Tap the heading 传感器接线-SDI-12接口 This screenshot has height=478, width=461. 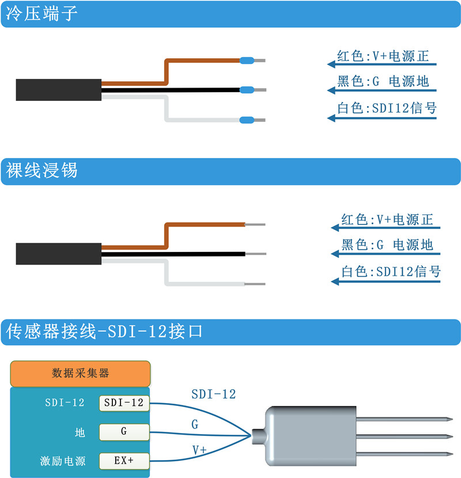pos(104,331)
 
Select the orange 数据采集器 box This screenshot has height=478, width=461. pos(80,373)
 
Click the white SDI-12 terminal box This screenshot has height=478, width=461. pos(124,403)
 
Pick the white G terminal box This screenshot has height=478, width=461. pos(124,431)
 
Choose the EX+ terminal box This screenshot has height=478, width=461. pos(124,461)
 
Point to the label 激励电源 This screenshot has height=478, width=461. pos(63,461)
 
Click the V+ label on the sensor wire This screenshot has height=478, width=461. pos(199,449)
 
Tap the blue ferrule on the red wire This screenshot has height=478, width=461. pos(247,60)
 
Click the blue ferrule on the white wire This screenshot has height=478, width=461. pos(247,120)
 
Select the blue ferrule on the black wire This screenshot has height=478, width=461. pos(247,90)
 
